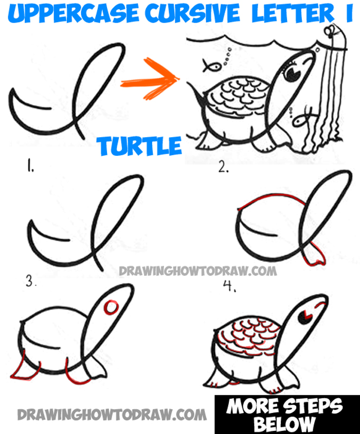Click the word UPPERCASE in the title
73,14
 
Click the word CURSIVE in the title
192,13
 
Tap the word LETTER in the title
293,13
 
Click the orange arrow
150,79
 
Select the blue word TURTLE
139,146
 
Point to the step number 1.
29,166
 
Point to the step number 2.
223,167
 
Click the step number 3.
31,281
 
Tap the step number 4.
229,286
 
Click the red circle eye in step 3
111,307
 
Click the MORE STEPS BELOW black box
287,414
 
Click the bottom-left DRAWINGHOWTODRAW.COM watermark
112,414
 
